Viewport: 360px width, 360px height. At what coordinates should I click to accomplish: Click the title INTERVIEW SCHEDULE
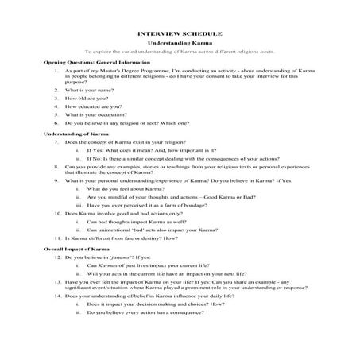[180, 33]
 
